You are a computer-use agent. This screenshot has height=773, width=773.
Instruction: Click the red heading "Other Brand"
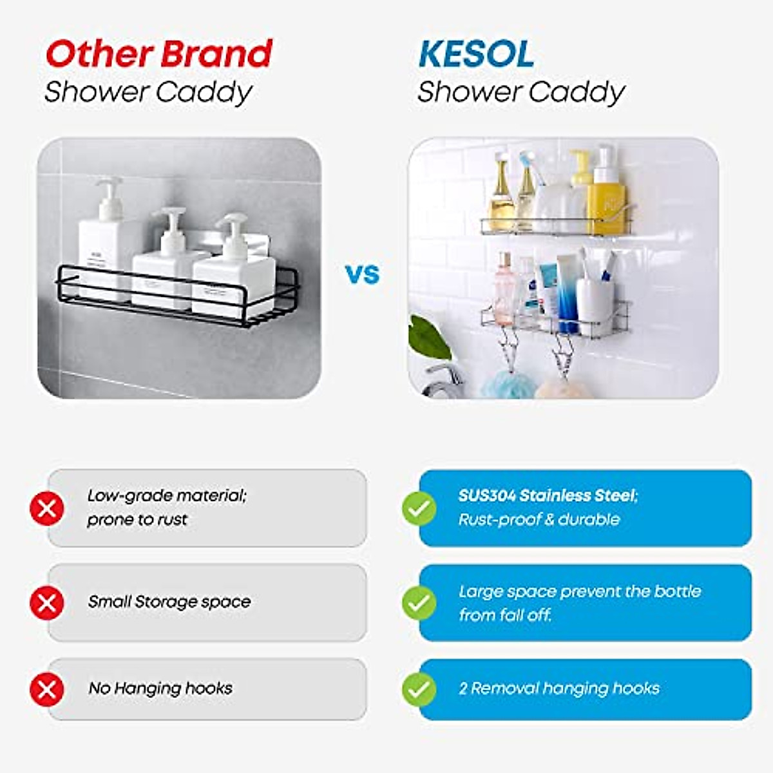(x=159, y=54)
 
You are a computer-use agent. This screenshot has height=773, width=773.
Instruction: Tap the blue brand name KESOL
(x=476, y=54)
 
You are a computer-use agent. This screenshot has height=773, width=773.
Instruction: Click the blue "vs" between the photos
(x=363, y=274)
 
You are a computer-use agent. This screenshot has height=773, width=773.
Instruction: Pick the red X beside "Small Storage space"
(x=47, y=604)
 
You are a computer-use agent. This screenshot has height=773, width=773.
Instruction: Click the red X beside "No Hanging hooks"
(x=47, y=690)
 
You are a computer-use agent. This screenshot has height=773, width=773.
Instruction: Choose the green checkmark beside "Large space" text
(x=419, y=604)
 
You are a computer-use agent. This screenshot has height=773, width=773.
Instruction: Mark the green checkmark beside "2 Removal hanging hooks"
(x=419, y=690)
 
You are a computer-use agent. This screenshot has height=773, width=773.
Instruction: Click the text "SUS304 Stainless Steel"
(x=548, y=495)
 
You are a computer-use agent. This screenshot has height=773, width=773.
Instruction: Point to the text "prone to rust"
(x=137, y=519)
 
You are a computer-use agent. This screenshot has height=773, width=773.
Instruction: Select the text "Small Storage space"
(x=169, y=602)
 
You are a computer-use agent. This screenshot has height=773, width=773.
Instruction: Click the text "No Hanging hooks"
(x=160, y=688)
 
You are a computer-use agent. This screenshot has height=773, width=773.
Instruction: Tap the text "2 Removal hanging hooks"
(x=559, y=688)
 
